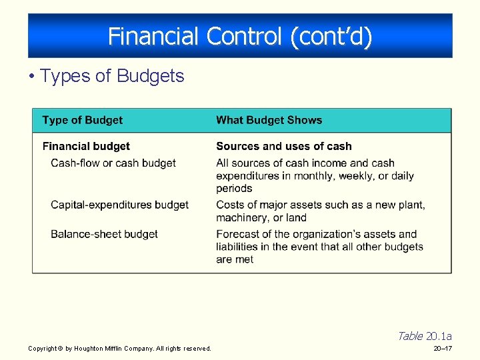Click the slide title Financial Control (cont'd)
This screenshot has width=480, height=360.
(240, 36)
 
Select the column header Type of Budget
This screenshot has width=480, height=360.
(82, 120)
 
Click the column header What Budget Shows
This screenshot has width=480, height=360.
(269, 120)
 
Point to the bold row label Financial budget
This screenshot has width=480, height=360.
(86, 146)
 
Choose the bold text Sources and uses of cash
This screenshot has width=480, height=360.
(283, 146)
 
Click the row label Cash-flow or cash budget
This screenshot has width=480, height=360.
(113, 163)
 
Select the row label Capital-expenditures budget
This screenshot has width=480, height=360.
(119, 205)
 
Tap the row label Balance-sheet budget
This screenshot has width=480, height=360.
(104, 234)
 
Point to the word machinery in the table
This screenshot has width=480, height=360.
(242, 217)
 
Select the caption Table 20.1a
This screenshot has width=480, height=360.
(424, 336)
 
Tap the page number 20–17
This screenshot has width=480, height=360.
(442, 349)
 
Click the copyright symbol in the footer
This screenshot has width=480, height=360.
(59, 349)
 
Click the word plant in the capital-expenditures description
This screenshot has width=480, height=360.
(409, 205)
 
